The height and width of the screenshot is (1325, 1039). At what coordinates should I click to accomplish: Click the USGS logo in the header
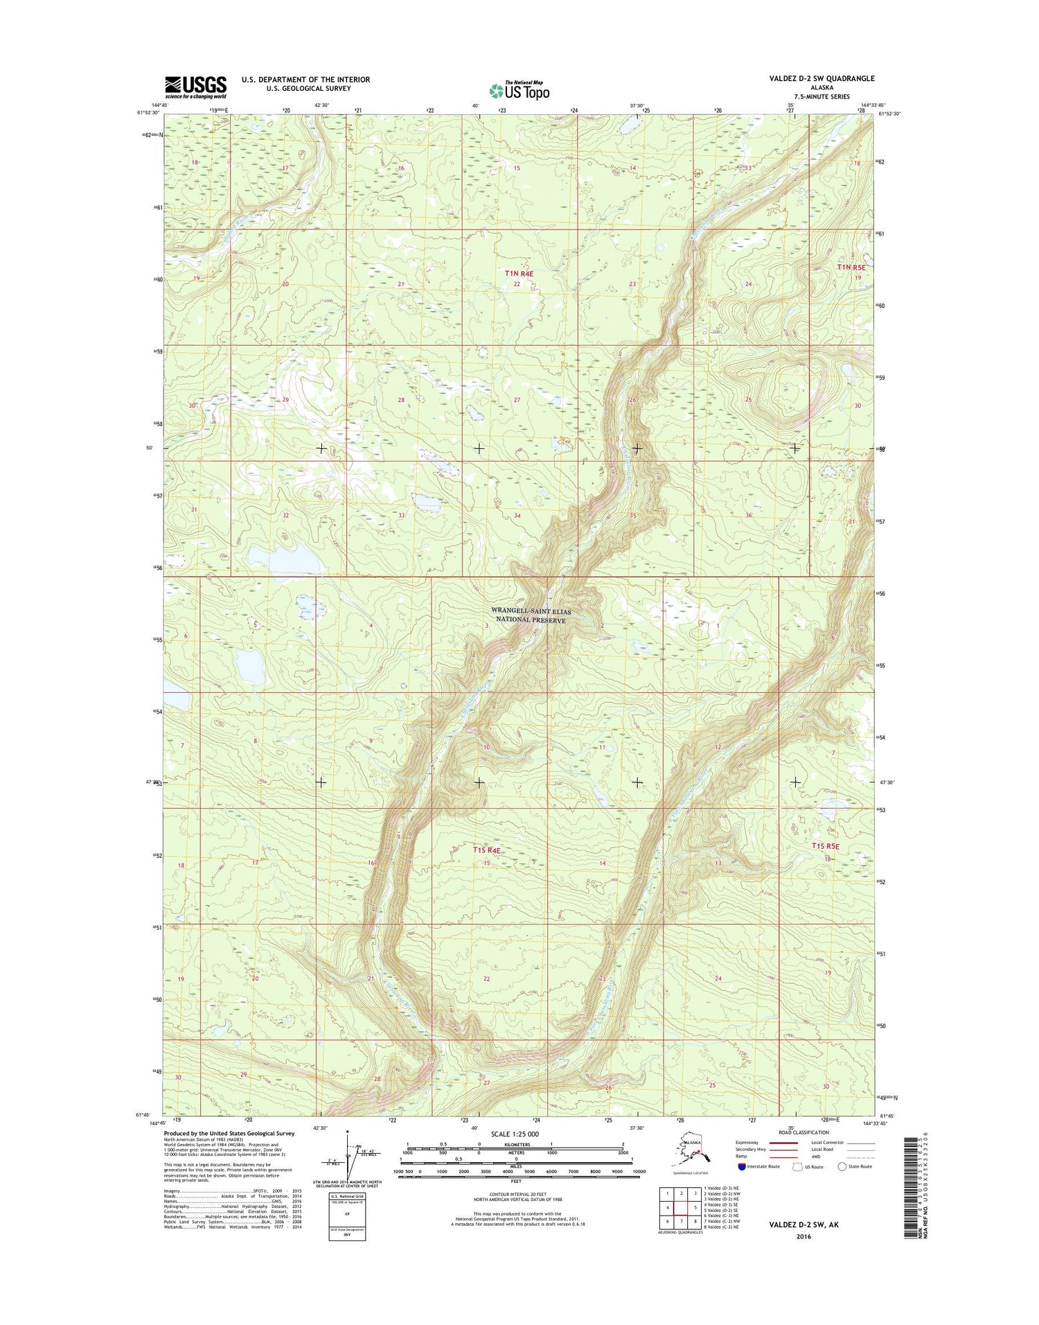pyautogui.click(x=195, y=86)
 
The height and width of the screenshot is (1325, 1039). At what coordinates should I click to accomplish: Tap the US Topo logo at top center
pyautogui.click(x=519, y=90)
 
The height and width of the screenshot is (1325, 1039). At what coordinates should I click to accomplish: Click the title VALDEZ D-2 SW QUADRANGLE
pyautogui.click(x=821, y=79)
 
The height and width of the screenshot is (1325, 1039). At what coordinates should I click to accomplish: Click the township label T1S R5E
pyautogui.click(x=825, y=846)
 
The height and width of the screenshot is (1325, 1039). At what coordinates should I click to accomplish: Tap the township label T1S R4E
pyautogui.click(x=486, y=850)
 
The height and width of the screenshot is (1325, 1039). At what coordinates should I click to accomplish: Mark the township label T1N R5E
pyautogui.click(x=851, y=267)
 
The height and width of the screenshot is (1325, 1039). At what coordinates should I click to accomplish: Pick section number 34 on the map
pyautogui.click(x=517, y=516)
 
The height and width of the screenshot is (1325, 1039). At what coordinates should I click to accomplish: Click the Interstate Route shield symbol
pyautogui.click(x=742, y=1166)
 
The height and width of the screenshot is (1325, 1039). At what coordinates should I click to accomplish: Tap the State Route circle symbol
pyautogui.click(x=842, y=1166)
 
